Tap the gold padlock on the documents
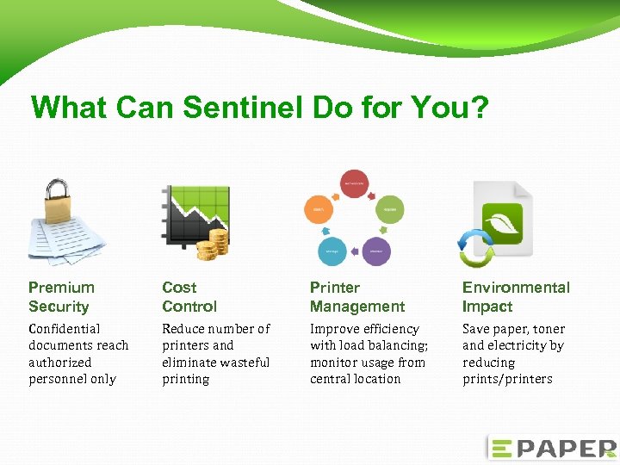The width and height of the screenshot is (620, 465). [57, 199]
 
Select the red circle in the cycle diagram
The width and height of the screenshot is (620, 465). [355, 183]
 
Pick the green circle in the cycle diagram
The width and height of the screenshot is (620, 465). [389, 209]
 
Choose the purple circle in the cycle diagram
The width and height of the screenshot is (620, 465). [376, 251]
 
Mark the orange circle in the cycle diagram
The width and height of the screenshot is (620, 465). [318, 209]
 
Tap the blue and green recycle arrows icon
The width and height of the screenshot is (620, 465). [475, 247]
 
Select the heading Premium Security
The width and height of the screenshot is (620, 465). [61, 297]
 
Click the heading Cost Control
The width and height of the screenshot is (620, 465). [189, 297]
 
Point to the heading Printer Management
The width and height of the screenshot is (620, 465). [356, 297]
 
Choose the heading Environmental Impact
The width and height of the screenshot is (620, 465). [516, 297]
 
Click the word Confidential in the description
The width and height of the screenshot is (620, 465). [65, 329]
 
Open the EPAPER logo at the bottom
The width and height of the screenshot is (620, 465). [551, 448]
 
